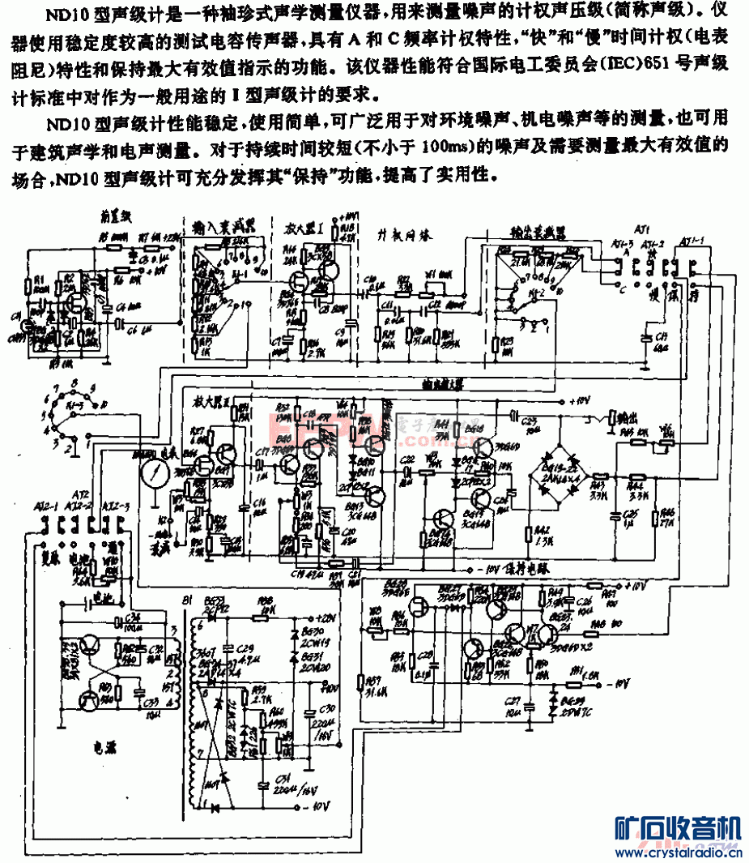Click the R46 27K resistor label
point(667,517)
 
